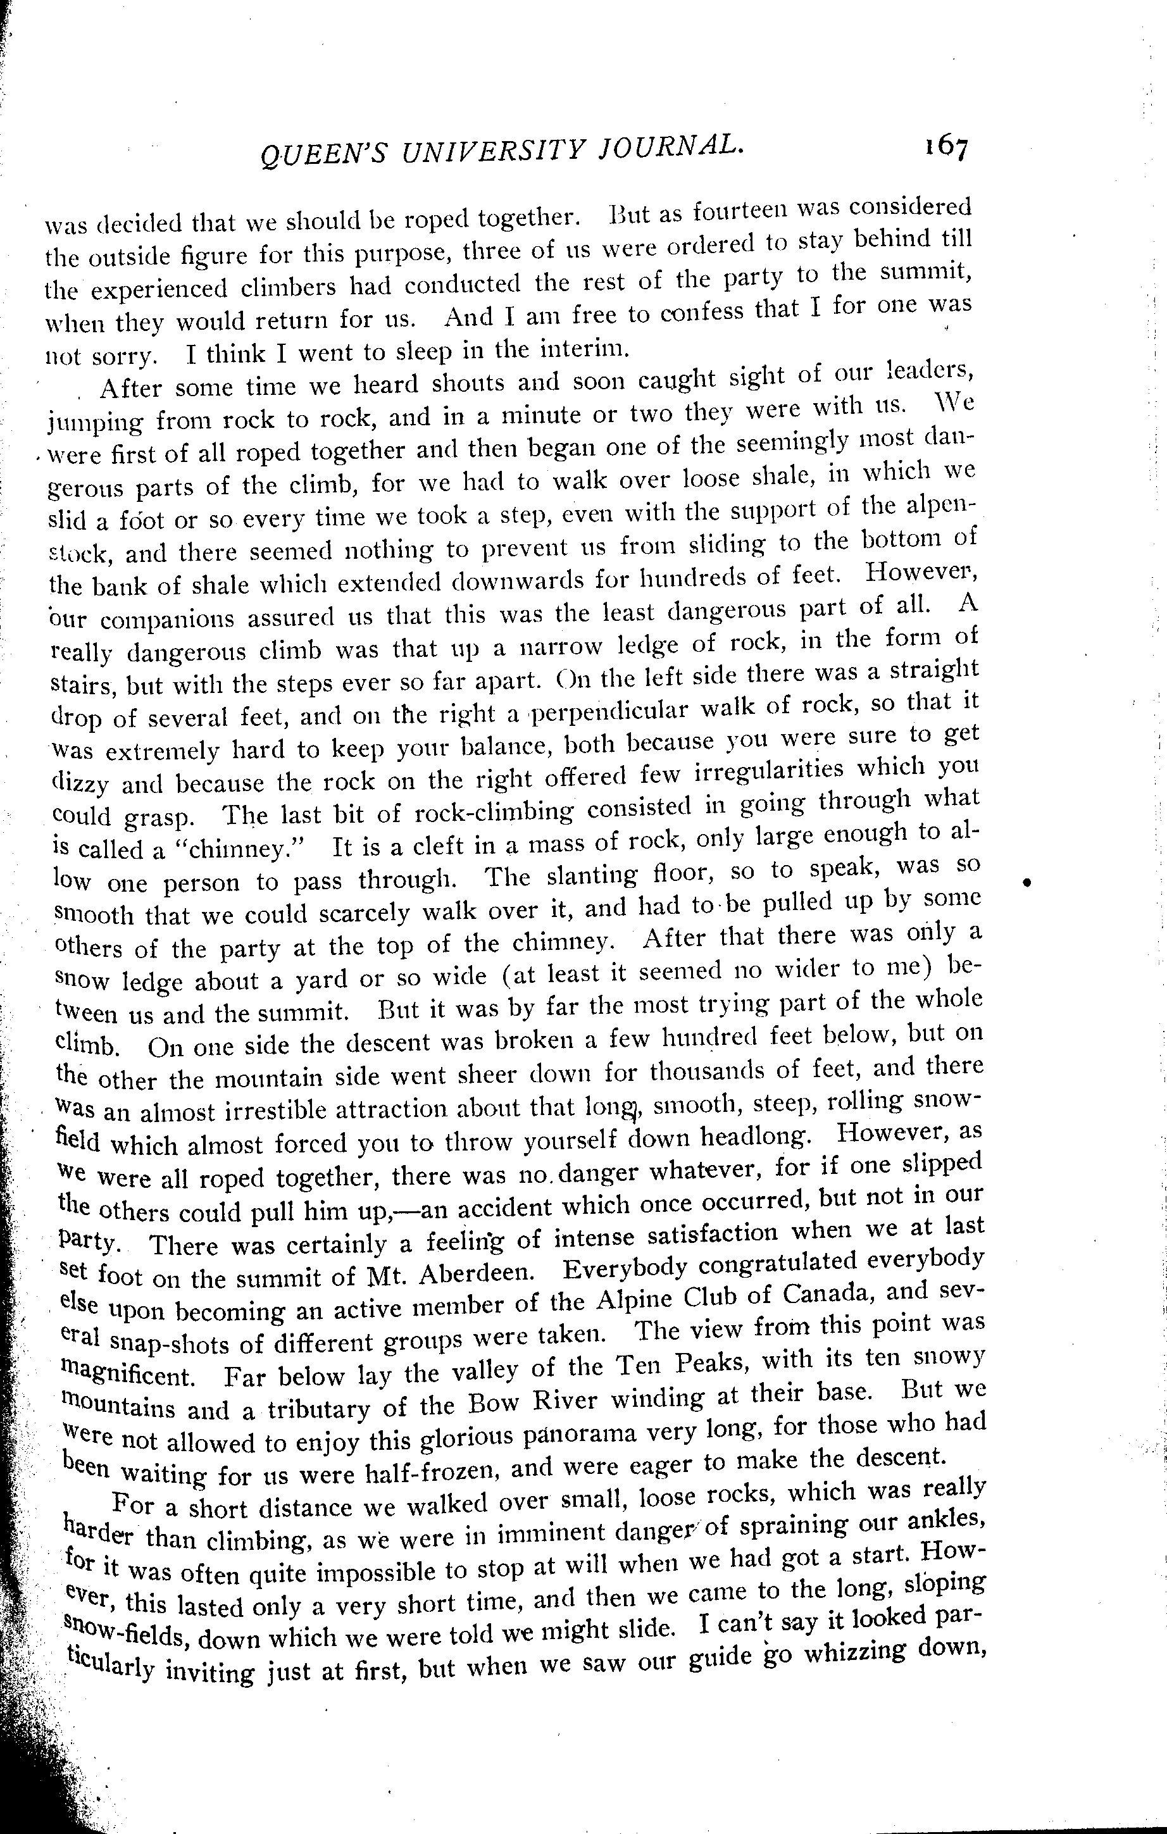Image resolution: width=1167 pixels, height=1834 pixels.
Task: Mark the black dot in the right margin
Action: click(x=1028, y=882)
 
